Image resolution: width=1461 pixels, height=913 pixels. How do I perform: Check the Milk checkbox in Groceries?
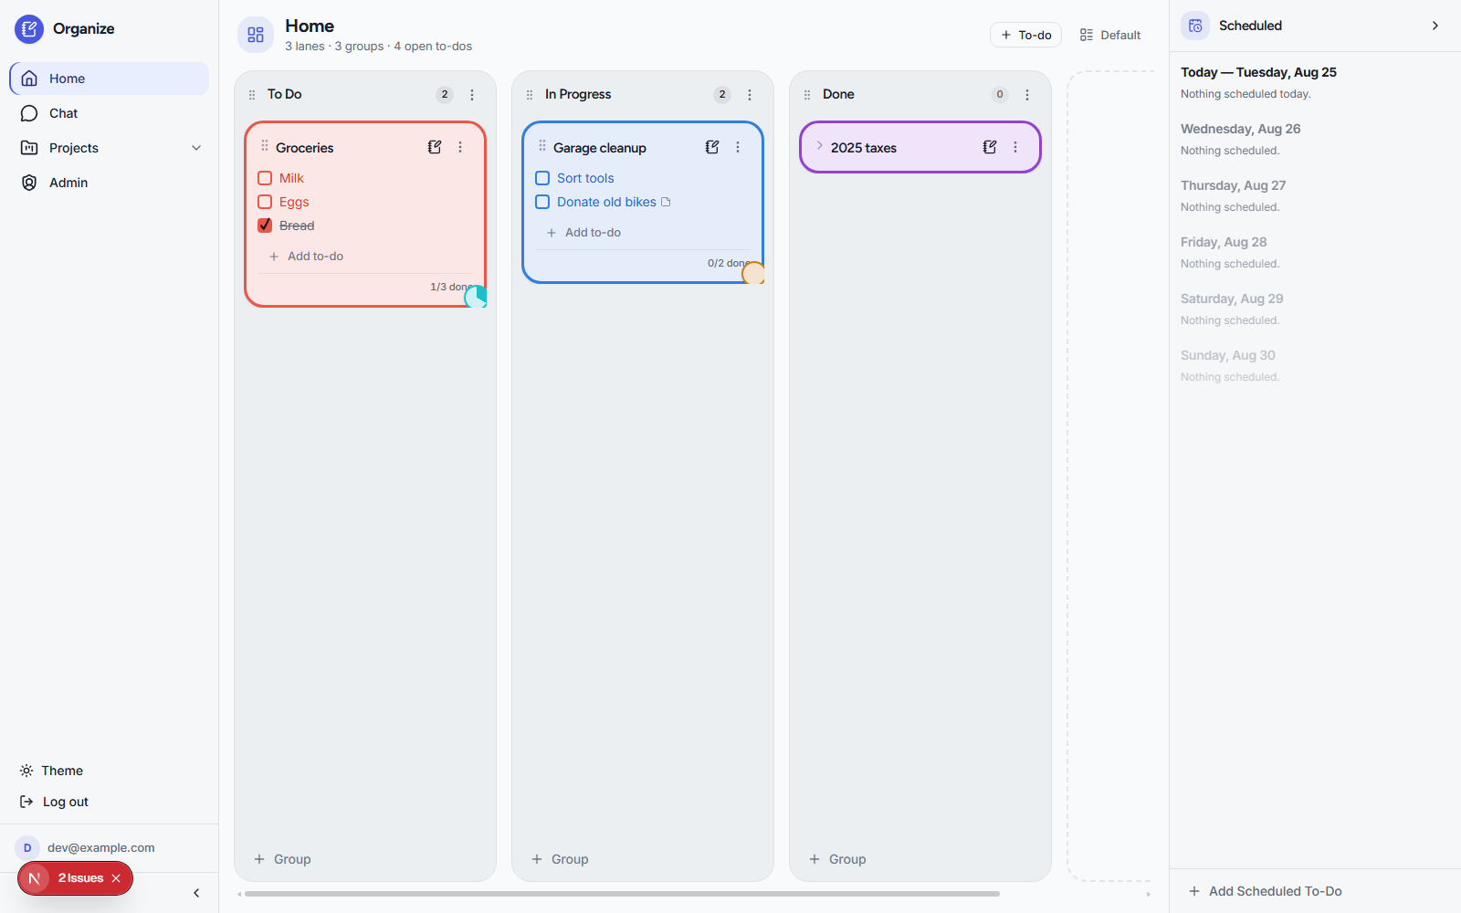click(265, 178)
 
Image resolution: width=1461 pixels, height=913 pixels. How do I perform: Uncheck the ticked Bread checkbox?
click(265, 226)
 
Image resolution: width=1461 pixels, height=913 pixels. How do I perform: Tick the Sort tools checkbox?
click(542, 178)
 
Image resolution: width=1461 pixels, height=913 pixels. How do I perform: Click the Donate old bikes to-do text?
click(606, 202)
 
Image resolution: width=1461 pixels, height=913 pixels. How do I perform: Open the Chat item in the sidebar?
click(63, 113)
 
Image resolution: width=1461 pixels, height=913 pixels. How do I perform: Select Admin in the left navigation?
click(68, 183)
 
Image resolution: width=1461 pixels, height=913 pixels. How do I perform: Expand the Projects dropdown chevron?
click(196, 148)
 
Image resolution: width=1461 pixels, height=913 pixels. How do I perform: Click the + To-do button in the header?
click(1026, 36)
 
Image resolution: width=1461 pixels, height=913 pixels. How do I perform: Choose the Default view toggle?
click(1110, 36)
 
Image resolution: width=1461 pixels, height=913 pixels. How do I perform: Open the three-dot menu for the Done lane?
click(1026, 95)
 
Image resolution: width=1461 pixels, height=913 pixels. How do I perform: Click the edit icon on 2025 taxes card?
click(990, 147)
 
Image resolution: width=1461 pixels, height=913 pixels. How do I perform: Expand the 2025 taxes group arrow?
click(820, 146)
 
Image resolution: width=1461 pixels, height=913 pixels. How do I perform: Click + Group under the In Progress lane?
click(561, 859)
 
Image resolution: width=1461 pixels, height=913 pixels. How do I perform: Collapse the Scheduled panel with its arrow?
click(1435, 26)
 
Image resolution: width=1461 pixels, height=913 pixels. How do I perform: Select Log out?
click(54, 803)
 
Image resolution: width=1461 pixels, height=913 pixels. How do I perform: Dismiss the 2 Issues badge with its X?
click(116, 878)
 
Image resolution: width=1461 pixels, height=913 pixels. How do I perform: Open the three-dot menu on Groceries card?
click(460, 147)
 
